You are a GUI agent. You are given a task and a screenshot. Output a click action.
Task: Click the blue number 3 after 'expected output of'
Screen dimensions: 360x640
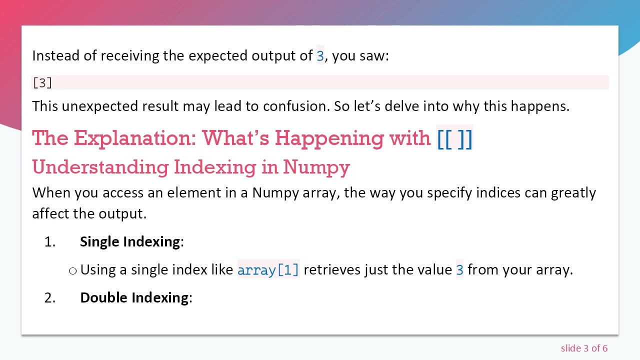coord(320,55)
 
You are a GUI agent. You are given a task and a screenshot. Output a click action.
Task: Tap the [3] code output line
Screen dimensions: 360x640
coord(42,82)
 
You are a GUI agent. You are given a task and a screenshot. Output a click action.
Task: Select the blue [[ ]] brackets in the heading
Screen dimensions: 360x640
coord(454,138)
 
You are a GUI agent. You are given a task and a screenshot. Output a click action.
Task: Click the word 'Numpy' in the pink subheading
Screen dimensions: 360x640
coord(316,166)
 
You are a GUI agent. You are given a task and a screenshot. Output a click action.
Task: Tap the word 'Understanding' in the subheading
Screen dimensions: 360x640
coord(100,166)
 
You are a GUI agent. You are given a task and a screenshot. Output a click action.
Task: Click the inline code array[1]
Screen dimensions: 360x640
coord(268,270)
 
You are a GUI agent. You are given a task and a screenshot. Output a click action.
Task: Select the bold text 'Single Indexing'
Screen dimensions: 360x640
coord(130,241)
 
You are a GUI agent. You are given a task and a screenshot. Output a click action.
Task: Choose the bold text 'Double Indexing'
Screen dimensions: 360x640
coord(134,297)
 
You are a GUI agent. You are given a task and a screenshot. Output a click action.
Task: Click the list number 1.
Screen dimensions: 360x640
coord(49,241)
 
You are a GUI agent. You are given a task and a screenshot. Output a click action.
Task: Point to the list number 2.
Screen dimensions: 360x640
coord(49,297)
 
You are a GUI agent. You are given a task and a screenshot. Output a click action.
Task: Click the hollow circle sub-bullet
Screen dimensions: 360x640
coord(73,270)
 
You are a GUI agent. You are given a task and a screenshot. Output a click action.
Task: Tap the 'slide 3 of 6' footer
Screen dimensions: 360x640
coord(584,348)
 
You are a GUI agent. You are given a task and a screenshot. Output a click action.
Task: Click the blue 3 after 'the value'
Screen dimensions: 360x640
coord(460,270)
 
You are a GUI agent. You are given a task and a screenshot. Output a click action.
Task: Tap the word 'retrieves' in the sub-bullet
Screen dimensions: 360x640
coord(332,270)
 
